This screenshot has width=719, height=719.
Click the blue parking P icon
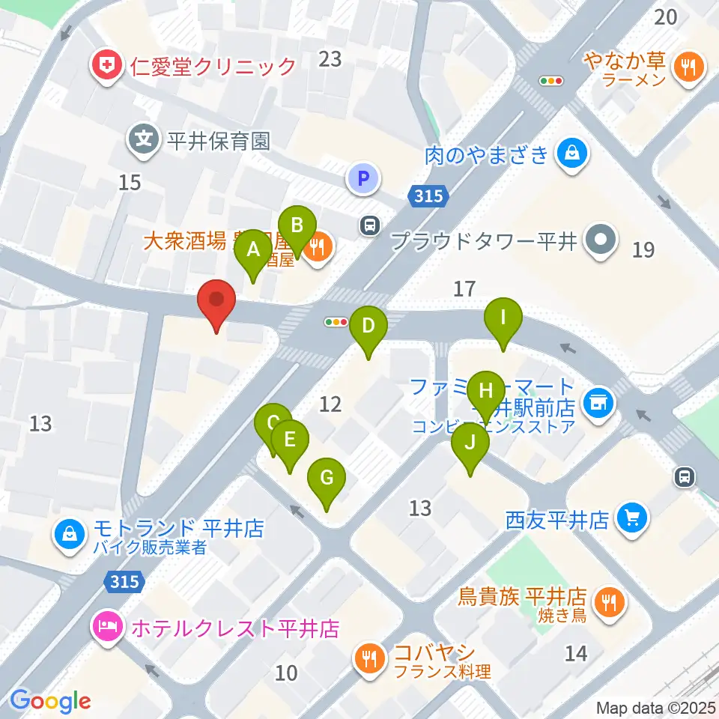363,178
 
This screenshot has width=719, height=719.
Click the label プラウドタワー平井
485,241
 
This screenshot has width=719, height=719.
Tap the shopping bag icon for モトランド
70,534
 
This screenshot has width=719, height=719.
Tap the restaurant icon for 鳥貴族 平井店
605,601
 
